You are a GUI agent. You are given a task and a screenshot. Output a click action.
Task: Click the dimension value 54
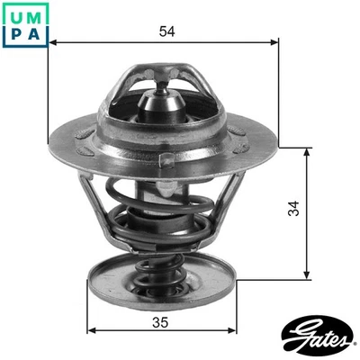coord(166,31)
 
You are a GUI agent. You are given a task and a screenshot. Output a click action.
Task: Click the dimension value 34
coord(293,210)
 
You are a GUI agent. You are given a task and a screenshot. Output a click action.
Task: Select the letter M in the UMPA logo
coord(35,13)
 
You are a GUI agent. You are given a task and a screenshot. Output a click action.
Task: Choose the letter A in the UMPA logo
coord(35,33)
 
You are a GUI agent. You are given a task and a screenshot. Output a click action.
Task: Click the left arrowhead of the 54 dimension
coord(52,42)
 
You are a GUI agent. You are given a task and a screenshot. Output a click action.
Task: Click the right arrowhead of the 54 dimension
coord(275,42)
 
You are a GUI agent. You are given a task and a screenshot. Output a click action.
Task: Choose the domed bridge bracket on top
coord(162,76)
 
